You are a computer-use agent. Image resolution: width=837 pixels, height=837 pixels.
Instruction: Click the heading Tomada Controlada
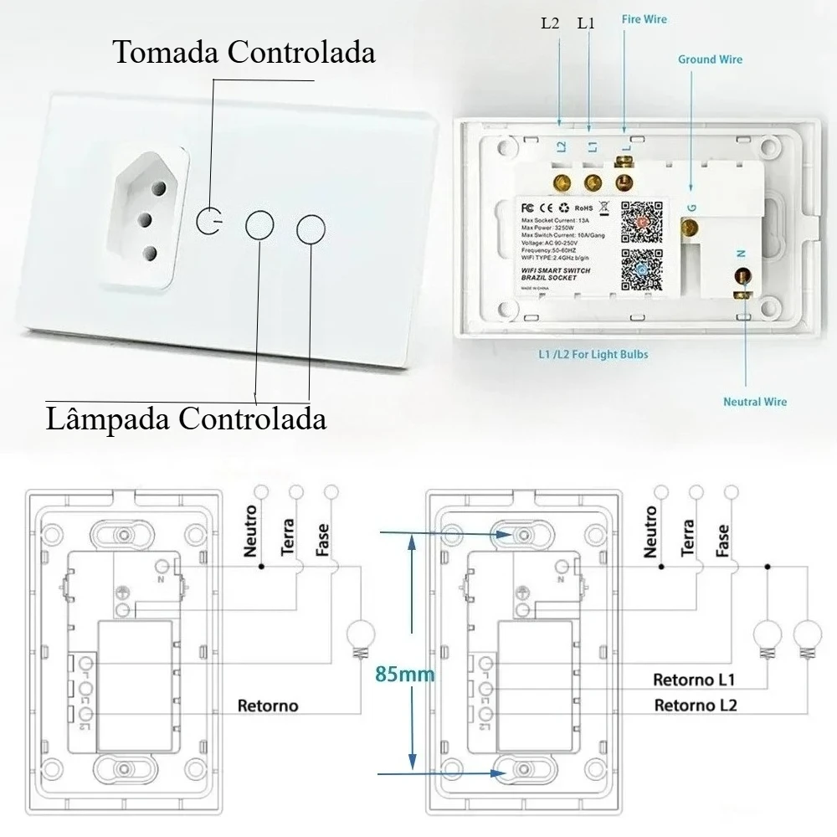[x=244, y=52]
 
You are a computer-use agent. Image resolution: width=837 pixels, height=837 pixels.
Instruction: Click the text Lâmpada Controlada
[x=186, y=416]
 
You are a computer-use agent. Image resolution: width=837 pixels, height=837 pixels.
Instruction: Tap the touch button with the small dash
[x=210, y=222]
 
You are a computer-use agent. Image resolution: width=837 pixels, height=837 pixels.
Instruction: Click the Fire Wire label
[x=644, y=18]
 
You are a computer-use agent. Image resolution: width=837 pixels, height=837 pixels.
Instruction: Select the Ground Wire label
[x=710, y=59]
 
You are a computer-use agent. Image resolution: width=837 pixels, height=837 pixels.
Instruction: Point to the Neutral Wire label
[x=754, y=402]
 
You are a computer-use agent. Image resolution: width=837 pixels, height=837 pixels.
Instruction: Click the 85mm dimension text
[x=405, y=674]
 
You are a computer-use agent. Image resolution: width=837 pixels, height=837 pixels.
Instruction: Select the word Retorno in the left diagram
[x=268, y=706]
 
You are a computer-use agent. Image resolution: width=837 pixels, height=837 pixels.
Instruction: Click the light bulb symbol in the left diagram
[x=362, y=634]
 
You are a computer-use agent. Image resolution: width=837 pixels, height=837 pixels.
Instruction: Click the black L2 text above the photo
[x=549, y=23]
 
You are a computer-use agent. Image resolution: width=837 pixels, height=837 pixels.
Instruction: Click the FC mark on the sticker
[x=529, y=205]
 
